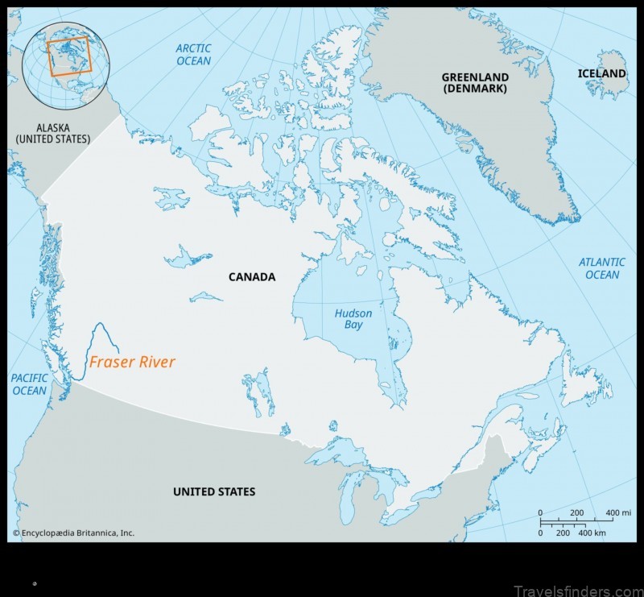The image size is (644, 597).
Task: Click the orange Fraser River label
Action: (x=132, y=363)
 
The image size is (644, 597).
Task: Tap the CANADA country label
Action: (x=251, y=277)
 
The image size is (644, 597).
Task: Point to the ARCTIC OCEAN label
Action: (x=193, y=55)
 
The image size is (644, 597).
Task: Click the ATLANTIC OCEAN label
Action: (x=602, y=268)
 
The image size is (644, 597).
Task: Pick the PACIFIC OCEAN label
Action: (x=29, y=384)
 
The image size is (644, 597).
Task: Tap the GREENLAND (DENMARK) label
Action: (x=474, y=83)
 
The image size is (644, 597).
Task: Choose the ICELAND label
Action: (x=601, y=73)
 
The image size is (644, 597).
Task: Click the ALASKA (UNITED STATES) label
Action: (x=53, y=133)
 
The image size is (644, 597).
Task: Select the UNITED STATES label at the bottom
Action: (x=214, y=491)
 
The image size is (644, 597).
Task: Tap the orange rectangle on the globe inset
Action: (x=69, y=56)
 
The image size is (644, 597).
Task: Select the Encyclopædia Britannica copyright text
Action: (x=73, y=533)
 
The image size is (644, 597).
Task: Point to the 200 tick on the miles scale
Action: (x=576, y=513)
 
